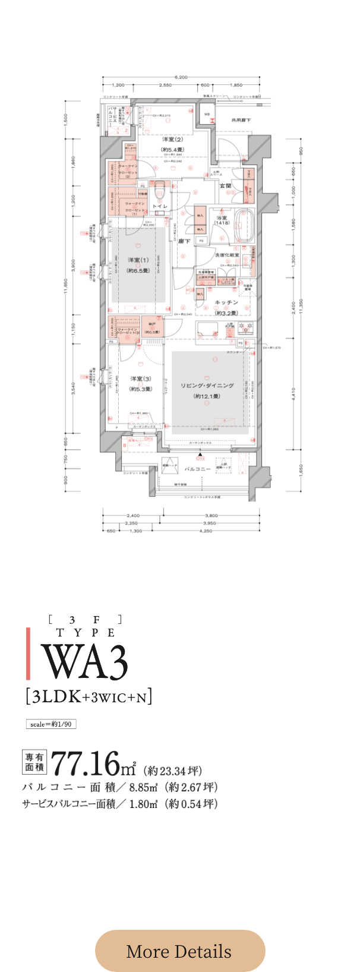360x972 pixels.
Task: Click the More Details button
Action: point(180,951)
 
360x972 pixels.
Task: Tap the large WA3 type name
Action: point(84,662)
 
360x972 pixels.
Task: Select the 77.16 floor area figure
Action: point(86,764)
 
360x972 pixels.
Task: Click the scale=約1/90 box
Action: point(50,724)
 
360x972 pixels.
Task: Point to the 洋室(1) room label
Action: point(138,260)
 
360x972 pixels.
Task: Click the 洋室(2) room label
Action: point(172,139)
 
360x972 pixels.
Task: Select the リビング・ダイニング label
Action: point(207,385)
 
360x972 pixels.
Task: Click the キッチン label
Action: point(226,302)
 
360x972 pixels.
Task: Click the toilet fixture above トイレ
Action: point(159,192)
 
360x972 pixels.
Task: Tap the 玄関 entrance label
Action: point(226,186)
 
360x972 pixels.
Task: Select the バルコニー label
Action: point(197,469)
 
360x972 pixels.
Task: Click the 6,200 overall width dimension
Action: point(181,78)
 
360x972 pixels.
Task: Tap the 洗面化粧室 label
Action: point(226,255)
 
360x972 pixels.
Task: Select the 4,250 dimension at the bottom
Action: point(206,531)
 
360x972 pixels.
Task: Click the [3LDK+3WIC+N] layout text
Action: point(89,696)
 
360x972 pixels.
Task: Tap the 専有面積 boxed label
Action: point(34,762)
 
